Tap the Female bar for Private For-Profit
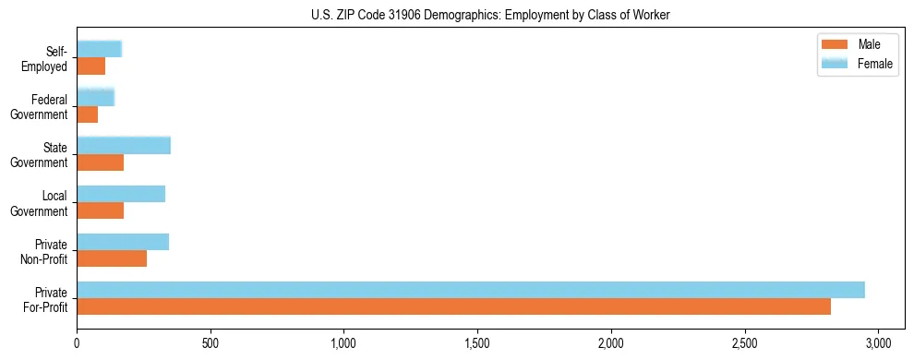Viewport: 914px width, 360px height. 471,290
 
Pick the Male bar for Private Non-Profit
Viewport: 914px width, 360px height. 112,258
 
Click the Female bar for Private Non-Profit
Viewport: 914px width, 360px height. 123,242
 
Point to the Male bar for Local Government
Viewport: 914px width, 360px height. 100,210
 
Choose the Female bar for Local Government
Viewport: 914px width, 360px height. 121,194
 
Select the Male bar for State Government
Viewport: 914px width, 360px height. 100,162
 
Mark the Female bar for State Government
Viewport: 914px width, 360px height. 124,146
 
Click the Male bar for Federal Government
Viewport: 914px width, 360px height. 88,114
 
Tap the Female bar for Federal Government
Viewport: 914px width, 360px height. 96,98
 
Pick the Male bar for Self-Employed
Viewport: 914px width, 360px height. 91,66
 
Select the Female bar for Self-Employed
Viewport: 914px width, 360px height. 100,50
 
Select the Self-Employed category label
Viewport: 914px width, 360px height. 48,59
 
